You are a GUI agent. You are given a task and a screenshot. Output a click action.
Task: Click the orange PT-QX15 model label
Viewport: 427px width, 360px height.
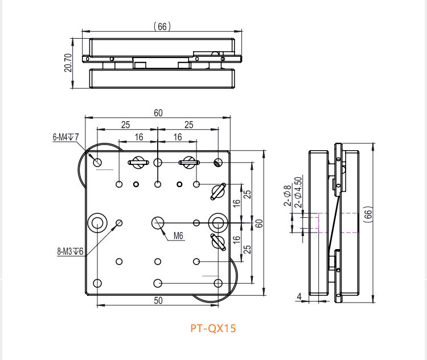coord(212,328)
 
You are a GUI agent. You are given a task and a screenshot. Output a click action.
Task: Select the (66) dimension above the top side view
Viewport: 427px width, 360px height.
coord(162,26)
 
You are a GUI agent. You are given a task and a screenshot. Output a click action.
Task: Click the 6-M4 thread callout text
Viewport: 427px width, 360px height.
coord(65,137)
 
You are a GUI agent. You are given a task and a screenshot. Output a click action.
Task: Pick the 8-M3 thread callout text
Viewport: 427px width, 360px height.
coord(70,251)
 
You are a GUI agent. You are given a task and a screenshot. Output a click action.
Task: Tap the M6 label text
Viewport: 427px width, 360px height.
coord(178,235)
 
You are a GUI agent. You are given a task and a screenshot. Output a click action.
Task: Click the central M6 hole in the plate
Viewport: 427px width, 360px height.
coord(158,222)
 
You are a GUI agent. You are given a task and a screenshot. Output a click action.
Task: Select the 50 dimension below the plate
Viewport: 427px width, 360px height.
coord(158,300)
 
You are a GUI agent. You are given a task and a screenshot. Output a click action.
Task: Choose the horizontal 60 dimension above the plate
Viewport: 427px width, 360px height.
coord(158,113)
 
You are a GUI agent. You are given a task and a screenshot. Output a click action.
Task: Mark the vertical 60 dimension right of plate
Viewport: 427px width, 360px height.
coord(258,223)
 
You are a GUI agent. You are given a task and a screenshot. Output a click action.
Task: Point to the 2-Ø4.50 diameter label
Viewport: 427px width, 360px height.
coord(297,192)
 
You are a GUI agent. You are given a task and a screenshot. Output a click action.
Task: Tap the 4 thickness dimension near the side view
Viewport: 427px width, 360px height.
coord(299,296)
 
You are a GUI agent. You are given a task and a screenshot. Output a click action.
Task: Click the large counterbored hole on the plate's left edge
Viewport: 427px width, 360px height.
coord(98,222)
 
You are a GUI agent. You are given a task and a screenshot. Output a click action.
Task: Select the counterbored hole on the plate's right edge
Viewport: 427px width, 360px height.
coord(217,222)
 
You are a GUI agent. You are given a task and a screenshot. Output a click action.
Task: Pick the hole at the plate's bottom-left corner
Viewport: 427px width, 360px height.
coord(97,283)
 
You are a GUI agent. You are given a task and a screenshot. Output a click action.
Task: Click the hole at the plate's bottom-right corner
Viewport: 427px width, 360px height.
coord(217,283)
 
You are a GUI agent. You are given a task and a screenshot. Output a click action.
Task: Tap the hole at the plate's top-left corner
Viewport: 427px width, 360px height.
coord(98,163)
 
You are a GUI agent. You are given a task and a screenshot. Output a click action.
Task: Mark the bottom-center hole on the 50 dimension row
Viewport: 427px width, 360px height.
coord(158,283)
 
